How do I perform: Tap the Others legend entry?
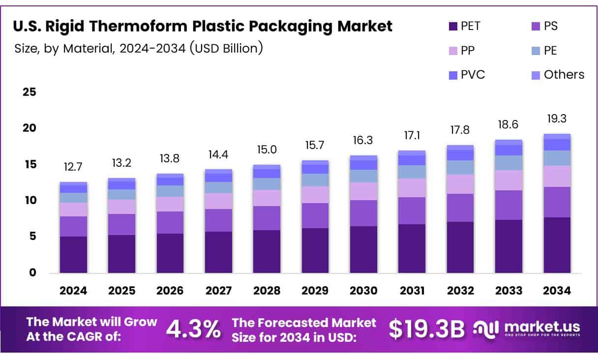pyautogui.click(x=558, y=75)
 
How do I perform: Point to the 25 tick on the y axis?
pyautogui.click(x=30, y=92)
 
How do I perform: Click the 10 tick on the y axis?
pyautogui.click(x=30, y=201)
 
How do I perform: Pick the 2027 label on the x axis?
pyautogui.click(x=218, y=291)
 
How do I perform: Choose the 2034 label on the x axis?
pyautogui.click(x=557, y=291)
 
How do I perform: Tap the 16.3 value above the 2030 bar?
pyautogui.click(x=363, y=140)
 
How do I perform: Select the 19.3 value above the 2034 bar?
pyautogui.click(x=557, y=119)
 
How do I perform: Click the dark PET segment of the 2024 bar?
pyautogui.click(x=73, y=255)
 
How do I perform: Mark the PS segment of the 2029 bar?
pyautogui.click(x=315, y=215)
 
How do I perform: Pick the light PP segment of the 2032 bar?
pyautogui.click(x=460, y=184)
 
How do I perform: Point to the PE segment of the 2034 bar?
pyautogui.click(x=557, y=158)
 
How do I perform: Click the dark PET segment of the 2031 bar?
pyautogui.click(x=412, y=248)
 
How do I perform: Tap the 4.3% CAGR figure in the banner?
pyautogui.click(x=193, y=329)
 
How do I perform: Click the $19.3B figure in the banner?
pyautogui.click(x=426, y=329)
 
